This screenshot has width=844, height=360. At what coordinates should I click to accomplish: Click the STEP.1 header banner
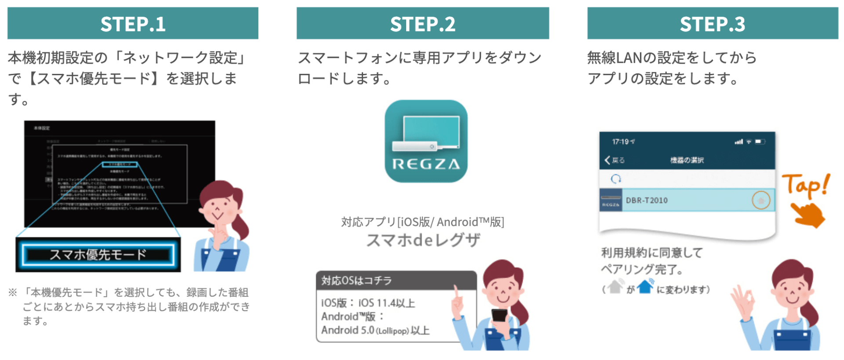click(133, 24)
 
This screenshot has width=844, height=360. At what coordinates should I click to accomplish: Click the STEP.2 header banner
click(422, 24)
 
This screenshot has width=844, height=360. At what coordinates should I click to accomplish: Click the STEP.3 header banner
click(713, 24)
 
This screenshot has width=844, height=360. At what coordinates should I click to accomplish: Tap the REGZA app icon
click(426, 141)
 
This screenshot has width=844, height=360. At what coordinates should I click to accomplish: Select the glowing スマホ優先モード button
click(98, 255)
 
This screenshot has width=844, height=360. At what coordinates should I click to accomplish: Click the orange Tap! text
click(805, 185)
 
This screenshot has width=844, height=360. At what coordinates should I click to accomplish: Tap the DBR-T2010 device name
click(647, 200)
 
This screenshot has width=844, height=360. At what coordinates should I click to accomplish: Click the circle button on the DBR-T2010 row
click(761, 200)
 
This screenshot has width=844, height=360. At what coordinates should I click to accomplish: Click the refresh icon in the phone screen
click(616, 179)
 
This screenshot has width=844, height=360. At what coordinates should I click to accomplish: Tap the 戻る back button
click(615, 160)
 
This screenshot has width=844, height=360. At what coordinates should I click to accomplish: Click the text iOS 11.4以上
click(387, 303)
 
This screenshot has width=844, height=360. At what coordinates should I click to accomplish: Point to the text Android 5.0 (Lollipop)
click(365, 330)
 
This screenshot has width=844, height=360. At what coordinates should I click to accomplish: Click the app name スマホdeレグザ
click(423, 240)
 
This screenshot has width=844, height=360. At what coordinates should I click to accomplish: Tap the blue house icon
click(645, 287)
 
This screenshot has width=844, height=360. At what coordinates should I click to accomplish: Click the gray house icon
click(615, 287)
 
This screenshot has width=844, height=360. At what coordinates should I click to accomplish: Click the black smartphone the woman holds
click(499, 315)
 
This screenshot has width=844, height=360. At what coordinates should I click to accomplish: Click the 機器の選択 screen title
click(687, 160)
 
